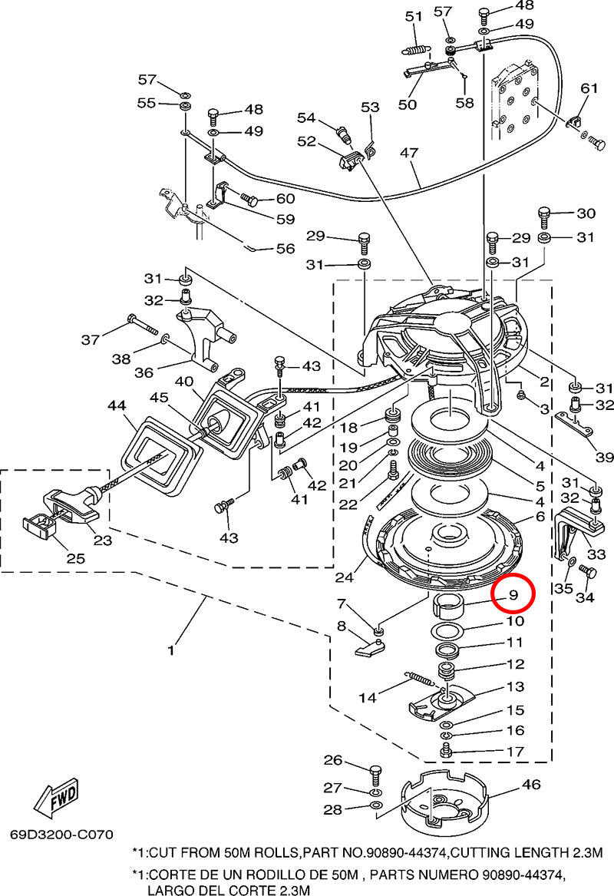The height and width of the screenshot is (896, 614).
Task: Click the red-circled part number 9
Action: pos(513,594)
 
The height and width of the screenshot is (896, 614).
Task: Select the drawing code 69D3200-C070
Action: pos(61,833)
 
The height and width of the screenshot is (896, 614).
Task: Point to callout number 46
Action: pos(530,785)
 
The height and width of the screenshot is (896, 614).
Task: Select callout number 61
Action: pos(589,88)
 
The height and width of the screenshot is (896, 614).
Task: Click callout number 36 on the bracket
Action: pos(144,372)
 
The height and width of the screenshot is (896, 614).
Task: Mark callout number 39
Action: pos(604,458)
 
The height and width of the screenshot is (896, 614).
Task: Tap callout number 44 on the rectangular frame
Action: pos(117,405)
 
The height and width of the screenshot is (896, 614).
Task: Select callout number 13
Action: pos(515,686)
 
